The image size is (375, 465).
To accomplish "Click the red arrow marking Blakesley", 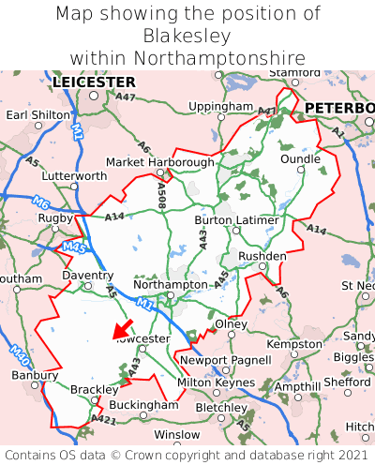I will click(x=121, y=329).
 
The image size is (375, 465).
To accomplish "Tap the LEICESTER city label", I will click(x=94, y=82).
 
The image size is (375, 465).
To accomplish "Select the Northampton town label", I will click(x=171, y=284).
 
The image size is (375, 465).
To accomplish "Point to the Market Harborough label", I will click(x=160, y=161).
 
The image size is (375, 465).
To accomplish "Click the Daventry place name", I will click(x=87, y=276).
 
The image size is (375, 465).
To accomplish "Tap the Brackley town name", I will click(x=95, y=389).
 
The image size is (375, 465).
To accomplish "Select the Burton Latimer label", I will click(x=236, y=220).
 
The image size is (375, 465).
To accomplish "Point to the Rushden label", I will click(x=262, y=255).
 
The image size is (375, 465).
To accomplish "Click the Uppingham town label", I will click(x=220, y=107).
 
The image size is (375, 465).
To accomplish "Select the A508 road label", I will click(x=161, y=195).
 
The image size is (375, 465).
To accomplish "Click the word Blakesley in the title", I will click(x=187, y=36).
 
